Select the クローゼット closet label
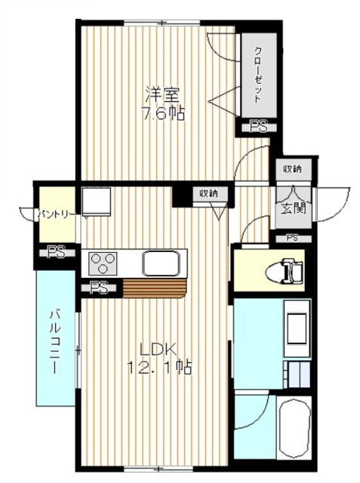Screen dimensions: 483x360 (x=258, y=75)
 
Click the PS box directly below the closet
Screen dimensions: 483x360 (x=258, y=128)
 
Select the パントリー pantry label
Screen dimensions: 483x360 (x=55, y=214)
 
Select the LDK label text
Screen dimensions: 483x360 (x=158, y=350)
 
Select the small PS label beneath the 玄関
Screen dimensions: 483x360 (x=293, y=238)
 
